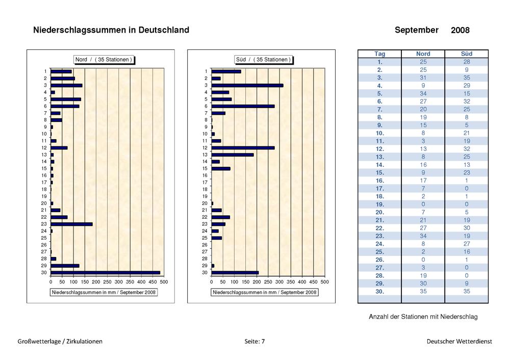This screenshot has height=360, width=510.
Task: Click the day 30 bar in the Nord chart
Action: coord(106,272)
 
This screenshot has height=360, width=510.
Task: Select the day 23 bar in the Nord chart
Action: coord(71,224)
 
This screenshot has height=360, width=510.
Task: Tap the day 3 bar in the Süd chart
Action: coord(247,85)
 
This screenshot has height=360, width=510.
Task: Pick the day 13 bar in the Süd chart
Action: coord(233,155)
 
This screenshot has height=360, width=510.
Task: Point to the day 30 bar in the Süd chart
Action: coord(235,272)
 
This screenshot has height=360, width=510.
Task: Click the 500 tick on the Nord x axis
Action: coord(164,282)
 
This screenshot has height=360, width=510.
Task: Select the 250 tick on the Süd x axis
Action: coord(268,282)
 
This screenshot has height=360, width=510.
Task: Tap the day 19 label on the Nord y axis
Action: coord(44,196)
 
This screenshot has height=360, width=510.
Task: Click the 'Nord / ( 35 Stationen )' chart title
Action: coord(104,60)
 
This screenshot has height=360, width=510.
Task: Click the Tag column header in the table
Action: coord(379,54)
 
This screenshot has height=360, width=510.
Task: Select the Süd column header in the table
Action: coord(467,54)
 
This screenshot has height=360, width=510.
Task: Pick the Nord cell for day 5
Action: coord(423,94)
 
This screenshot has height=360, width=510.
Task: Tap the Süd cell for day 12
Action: coord(467,149)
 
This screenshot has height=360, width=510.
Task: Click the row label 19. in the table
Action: coord(379,204)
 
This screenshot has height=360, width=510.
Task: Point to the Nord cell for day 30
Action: coord(423,291)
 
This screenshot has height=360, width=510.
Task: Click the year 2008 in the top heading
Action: coord(460,30)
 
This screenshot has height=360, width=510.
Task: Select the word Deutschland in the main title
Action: coord(164,30)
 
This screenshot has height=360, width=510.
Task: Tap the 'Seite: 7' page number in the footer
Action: coord(254,342)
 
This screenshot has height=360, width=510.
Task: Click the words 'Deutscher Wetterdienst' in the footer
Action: coord(460,342)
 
